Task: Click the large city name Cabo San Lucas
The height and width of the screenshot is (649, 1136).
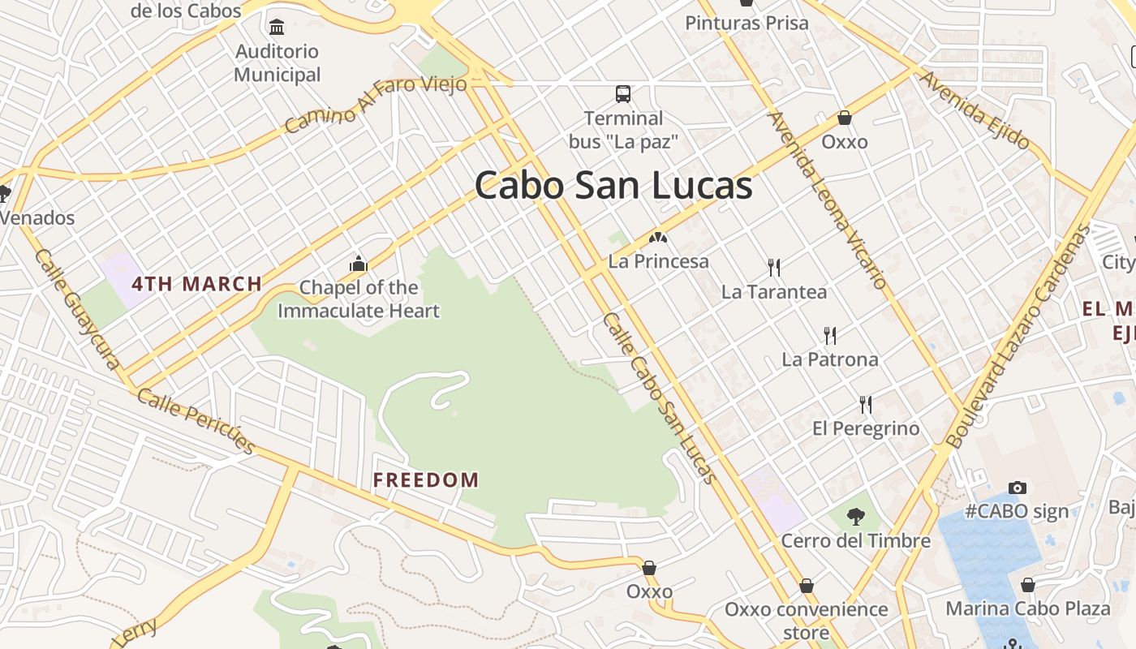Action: tap(613, 186)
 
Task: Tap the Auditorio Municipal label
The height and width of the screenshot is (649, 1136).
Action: tap(278, 63)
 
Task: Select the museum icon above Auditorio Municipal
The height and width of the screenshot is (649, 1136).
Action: tap(277, 27)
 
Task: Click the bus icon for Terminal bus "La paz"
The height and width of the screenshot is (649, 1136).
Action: tap(623, 94)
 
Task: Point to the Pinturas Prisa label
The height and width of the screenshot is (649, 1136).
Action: tap(747, 23)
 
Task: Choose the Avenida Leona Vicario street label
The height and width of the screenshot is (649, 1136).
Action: tap(827, 200)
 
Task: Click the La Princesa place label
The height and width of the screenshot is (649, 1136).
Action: tap(658, 261)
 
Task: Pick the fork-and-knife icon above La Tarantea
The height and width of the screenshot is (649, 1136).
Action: tap(774, 267)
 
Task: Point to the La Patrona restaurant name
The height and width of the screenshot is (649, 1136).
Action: tap(829, 359)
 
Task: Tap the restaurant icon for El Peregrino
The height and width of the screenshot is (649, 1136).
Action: tap(866, 404)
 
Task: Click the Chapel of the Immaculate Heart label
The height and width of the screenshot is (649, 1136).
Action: tap(359, 299)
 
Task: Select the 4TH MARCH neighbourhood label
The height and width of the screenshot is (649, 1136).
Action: tap(197, 284)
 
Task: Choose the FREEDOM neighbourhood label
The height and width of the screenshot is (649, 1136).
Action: tap(426, 479)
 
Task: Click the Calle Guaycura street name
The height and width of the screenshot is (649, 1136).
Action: tap(77, 308)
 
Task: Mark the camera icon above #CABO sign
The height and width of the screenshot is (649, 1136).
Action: tap(1017, 488)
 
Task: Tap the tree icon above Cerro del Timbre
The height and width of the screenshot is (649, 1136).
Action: tap(855, 516)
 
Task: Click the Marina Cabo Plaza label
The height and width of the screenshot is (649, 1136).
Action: tap(1027, 608)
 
